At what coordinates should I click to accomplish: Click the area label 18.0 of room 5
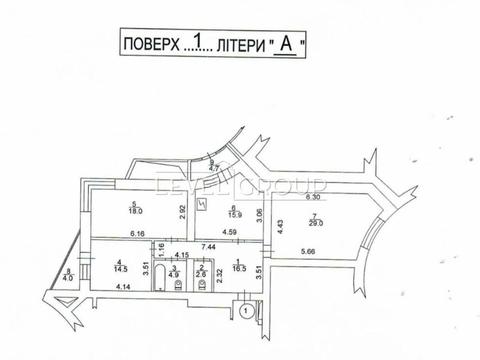134,211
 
